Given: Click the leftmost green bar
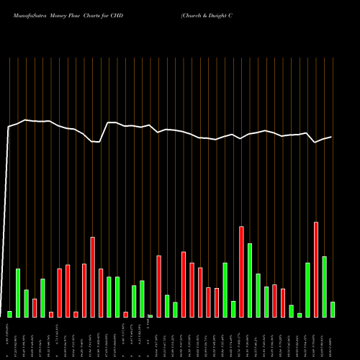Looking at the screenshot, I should click(x=10, y=314).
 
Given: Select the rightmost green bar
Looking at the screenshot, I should click(x=333, y=310).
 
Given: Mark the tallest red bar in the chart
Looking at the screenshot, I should click(x=316, y=269).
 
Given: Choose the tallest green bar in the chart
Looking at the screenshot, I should click(x=250, y=280).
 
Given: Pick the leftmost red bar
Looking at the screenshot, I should click(x=35, y=308).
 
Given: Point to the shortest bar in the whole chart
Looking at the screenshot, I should click(x=150, y=316).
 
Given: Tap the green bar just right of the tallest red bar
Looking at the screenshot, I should click(x=324, y=287).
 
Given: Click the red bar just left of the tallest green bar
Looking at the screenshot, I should click(x=241, y=272).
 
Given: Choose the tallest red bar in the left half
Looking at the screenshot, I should click(x=92, y=277).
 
